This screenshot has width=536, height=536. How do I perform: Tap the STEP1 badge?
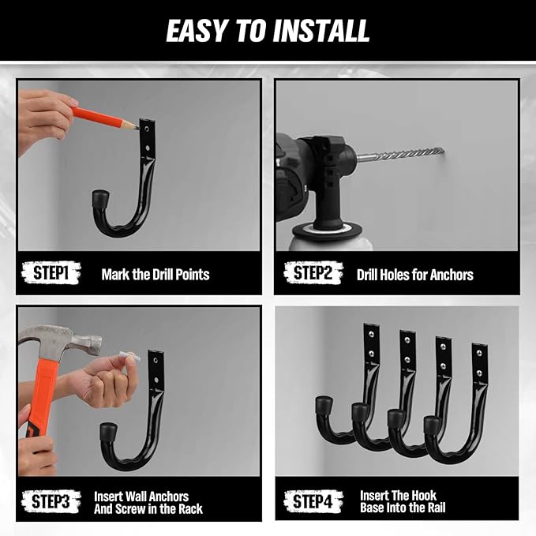[51, 273]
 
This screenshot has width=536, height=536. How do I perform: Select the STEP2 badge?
[313, 272]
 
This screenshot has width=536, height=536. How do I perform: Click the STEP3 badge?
[51, 501]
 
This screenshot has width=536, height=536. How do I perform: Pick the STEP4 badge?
[313, 501]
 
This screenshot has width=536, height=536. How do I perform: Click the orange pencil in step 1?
[105, 118]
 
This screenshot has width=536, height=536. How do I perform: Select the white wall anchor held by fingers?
[129, 355]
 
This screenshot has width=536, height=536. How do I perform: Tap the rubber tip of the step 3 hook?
[108, 432]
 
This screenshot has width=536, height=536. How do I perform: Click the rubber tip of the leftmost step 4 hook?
[324, 405]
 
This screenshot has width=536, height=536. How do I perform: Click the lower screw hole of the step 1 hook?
[148, 148]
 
